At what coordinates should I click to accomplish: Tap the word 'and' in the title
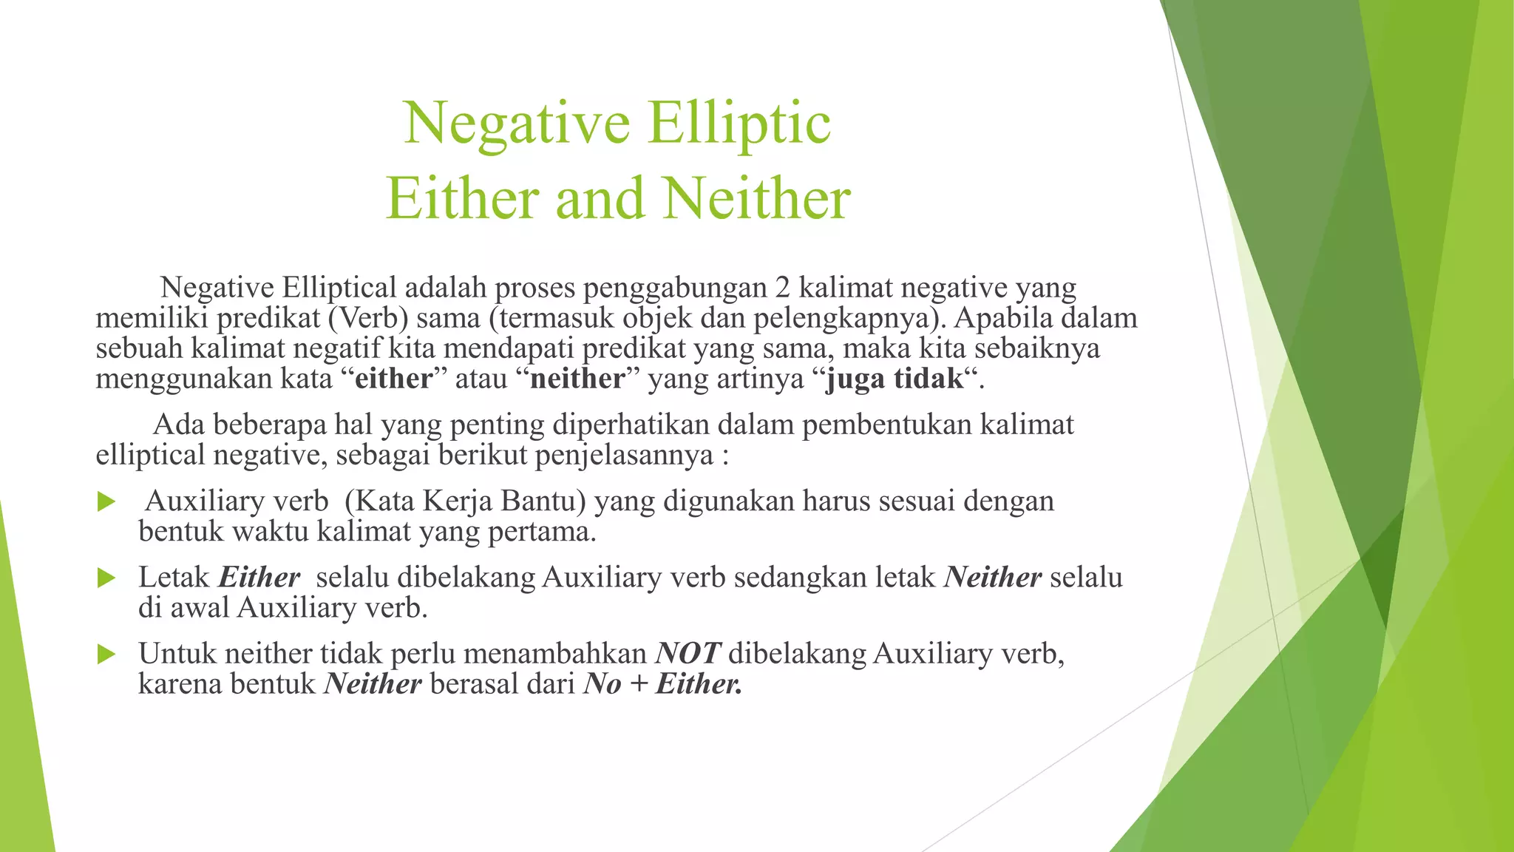(599, 200)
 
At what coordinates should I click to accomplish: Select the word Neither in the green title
(756, 200)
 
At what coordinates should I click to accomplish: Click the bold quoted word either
(393, 379)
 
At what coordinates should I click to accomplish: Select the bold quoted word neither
(577, 379)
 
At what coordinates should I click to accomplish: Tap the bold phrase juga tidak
(895, 379)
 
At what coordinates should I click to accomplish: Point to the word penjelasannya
(624, 455)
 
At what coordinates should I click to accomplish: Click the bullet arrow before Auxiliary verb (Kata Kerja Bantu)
(106, 502)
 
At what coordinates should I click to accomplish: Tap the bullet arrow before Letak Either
(106, 578)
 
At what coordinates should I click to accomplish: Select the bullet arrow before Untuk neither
(106, 654)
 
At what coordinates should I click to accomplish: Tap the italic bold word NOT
(688, 654)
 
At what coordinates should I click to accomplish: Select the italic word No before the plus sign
(602, 684)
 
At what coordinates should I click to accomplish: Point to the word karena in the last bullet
(180, 684)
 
